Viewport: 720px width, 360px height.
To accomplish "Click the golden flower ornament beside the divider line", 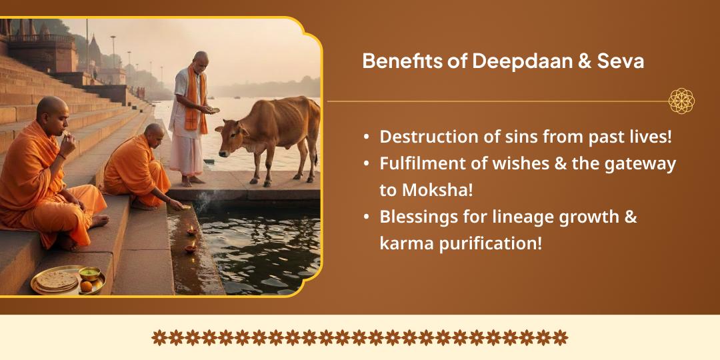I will pyautogui.click(x=681, y=101).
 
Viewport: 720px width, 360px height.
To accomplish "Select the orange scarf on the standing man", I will pyautogui.click(x=195, y=100).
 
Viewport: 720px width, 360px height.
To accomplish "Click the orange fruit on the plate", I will pyautogui.click(x=87, y=286).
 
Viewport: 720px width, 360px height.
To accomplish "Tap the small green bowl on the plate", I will pyautogui.click(x=89, y=273).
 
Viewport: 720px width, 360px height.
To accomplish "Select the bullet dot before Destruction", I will pyautogui.click(x=367, y=137).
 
